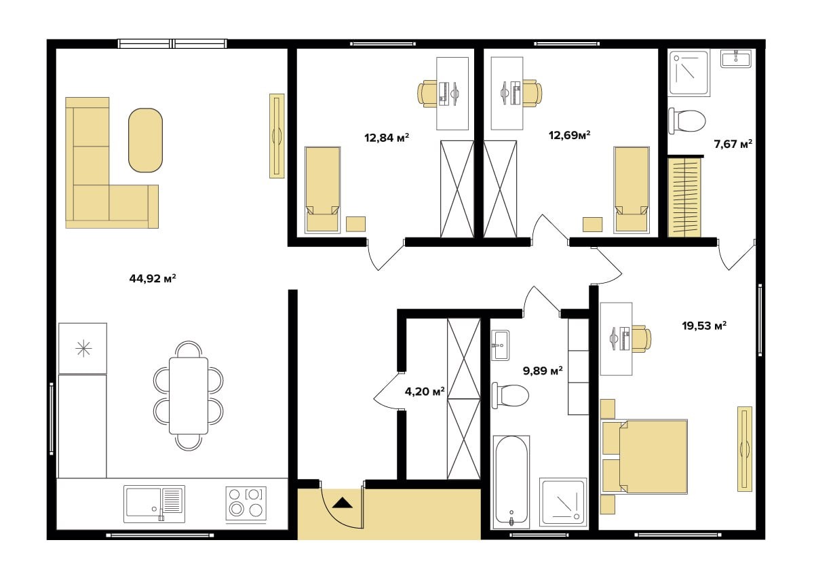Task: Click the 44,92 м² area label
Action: point(153,279)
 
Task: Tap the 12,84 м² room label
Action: point(387,138)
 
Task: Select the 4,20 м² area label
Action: point(425,391)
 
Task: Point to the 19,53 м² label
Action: point(704,326)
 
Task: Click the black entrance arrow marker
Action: point(343,503)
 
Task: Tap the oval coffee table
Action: point(145,140)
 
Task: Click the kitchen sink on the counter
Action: point(154,504)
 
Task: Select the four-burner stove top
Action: point(246,505)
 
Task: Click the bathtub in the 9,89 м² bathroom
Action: point(511,482)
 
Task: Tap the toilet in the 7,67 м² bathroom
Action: point(687,121)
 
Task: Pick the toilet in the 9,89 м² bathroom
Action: point(510,396)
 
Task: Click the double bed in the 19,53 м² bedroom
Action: point(644,457)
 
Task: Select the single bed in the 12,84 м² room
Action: point(323,190)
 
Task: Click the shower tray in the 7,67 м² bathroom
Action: point(689,73)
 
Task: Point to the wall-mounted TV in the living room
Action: point(277,136)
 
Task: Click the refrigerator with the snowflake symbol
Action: point(83,348)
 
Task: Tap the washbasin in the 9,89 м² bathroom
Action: point(501,345)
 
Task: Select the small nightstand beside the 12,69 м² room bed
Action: point(593,225)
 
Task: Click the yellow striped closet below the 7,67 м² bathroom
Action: point(684,197)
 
